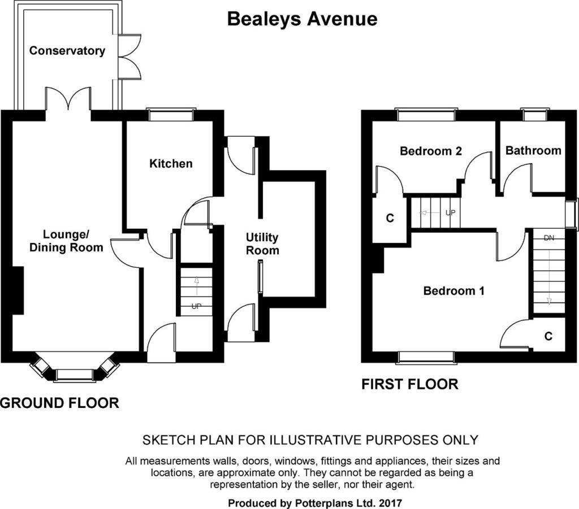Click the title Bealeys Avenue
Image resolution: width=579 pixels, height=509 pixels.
pyautogui.click(x=302, y=19)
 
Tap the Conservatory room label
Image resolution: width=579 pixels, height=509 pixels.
pyautogui.click(x=67, y=51)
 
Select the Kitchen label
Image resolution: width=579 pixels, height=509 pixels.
pyautogui.click(x=171, y=164)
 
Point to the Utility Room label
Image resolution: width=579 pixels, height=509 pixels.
pyautogui.click(x=262, y=243)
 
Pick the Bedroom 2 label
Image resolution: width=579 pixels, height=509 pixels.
pyautogui.click(x=431, y=151)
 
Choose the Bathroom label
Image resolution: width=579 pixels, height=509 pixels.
pyautogui.click(x=533, y=151)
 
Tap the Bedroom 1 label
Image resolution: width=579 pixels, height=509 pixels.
pyautogui.click(x=454, y=292)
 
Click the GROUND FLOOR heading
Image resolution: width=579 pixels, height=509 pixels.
pyautogui.click(x=59, y=403)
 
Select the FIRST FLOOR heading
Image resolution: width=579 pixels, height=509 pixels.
pyautogui.click(x=409, y=385)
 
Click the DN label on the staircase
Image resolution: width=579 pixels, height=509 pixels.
pyautogui.click(x=548, y=238)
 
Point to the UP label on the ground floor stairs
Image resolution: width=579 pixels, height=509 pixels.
pyautogui.click(x=196, y=307)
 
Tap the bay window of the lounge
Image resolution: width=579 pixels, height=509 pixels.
pyautogui.click(x=75, y=373)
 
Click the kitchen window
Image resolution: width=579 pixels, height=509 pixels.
pyautogui.click(x=171, y=115)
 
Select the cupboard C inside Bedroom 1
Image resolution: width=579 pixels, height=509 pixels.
pyautogui.click(x=548, y=336)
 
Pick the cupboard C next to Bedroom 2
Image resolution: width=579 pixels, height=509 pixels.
pyautogui.click(x=389, y=218)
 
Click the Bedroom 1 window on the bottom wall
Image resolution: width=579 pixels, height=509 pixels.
pyautogui.click(x=426, y=357)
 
